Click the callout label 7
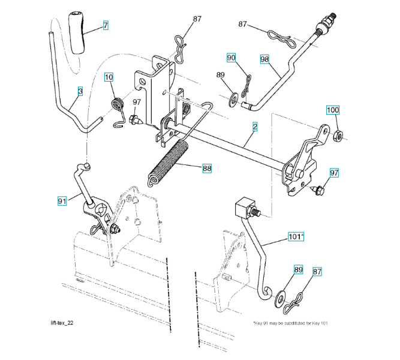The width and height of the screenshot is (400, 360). point(106,26)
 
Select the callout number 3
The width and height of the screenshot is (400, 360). point(80,91)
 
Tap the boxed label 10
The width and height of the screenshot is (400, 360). point(109,77)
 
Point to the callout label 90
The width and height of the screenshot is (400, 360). point(231,58)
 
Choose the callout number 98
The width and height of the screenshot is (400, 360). point(264,59)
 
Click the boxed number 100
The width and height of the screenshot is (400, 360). point(332,110)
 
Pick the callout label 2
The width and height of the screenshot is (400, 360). point(255,127)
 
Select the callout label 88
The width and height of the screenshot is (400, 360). point(207,169)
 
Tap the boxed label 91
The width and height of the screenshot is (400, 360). point(62,202)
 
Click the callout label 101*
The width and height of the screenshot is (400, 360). point(296,237)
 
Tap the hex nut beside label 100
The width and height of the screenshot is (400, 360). point(337,134)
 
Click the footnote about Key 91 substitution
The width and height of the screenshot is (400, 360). point(287,323)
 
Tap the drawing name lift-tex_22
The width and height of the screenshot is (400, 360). point(62,323)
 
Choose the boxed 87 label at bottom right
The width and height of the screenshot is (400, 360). point(317,271)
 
